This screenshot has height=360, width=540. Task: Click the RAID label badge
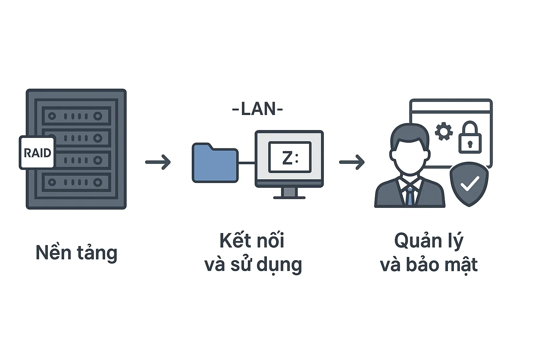pyautogui.click(x=37, y=153)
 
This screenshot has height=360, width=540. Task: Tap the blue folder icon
pyautogui.click(x=215, y=163)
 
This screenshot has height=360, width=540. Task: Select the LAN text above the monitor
pyautogui.click(x=257, y=109)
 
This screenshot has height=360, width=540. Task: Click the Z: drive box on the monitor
pyautogui.click(x=290, y=157)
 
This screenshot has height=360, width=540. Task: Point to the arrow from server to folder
pyautogui.click(x=158, y=162)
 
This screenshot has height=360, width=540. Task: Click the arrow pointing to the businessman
pyautogui.click(x=352, y=162)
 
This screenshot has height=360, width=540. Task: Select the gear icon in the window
pyautogui.click(x=444, y=131)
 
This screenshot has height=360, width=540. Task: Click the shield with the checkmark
pyautogui.click(x=469, y=184)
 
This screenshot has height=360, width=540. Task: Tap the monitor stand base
pyautogui.click(x=289, y=197)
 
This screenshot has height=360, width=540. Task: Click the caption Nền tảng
pyautogui.click(x=76, y=253)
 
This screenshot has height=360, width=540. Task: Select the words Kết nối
pyautogui.click(x=252, y=240)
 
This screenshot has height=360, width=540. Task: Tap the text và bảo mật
pyautogui.click(x=429, y=265)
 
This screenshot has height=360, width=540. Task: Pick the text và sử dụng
pyautogui.click(x=253, y=265)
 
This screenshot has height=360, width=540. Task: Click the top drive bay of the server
pyautogui.click(x=77, y=116)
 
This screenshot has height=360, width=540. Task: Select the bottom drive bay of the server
pyautogui.click(x=77, y=182)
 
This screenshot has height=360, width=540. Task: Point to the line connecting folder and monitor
pyautogui.click(x=246, y=163)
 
